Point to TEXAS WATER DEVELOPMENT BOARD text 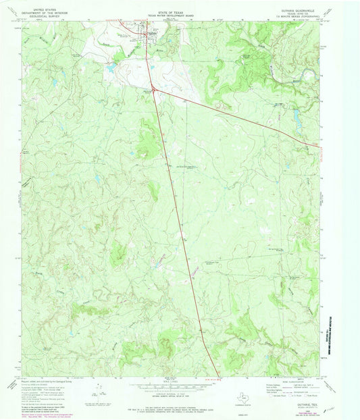159,10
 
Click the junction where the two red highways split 155,89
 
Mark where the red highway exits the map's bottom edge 219,375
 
